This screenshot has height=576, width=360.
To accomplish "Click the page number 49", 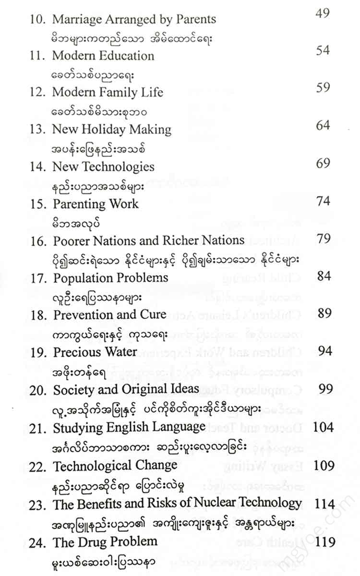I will (x=322, y=13).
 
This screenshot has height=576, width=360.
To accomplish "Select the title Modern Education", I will (x=103, y=56).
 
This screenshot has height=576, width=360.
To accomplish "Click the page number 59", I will (x=323, y=88).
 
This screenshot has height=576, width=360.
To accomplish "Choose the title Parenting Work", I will (x=95, y=204).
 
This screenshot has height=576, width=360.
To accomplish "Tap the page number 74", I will (x=323, y=201).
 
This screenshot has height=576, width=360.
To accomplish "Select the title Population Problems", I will (x=110, y=278).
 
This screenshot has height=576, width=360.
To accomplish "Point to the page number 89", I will (x=324, y=313).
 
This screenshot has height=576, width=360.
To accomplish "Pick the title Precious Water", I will (x=95, y=352).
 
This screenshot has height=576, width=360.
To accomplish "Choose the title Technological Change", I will (x=115, y=465).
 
